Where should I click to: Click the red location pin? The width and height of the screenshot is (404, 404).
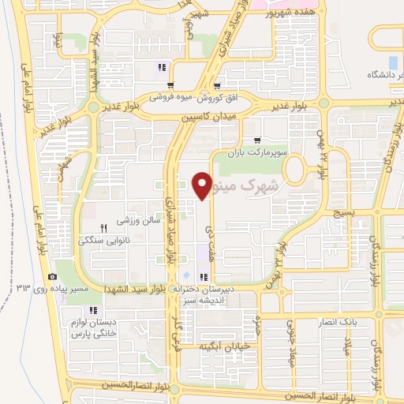pos(202,185)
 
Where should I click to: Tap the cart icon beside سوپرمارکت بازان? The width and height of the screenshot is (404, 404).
pos(256,140)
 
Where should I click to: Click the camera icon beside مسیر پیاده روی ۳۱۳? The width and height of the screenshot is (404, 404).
pos(52,276)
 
